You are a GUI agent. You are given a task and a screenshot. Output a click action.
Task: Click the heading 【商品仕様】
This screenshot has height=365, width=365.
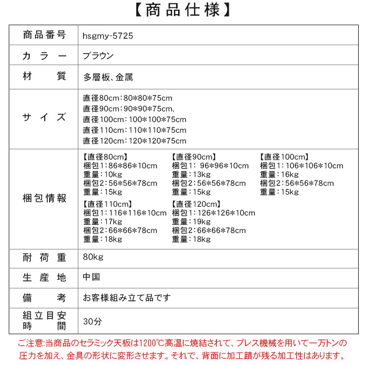pyautogui.click(x=182, y=11)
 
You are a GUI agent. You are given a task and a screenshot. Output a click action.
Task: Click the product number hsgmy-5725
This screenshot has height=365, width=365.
pyautogui.click(x=108, y=36)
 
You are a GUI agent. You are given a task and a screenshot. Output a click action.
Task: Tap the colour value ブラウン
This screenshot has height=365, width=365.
pyautogui.click(x=98, y=56)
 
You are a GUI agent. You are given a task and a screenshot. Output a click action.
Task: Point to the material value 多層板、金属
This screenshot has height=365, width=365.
pyautogui.click(x=108, y=77)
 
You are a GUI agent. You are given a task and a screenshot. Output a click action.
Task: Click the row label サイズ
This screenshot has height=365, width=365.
pyautogui.click(x=44, y=117)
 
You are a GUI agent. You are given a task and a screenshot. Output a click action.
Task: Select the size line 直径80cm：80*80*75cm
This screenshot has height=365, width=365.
pyautogui.click(x=128, y=98)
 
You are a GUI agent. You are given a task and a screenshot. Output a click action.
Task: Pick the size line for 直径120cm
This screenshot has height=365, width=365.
pyautogui.click(x=134, y=141)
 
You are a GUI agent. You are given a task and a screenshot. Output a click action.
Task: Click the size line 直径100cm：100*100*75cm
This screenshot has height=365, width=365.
pyautogui.click(x=134, y=119)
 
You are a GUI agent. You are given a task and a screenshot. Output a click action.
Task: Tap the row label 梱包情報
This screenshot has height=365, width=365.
pyautogui.click(x=44, y=198)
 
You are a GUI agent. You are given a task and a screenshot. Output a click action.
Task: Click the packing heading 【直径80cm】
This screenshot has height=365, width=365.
pyautogui.click(x=105, y=157)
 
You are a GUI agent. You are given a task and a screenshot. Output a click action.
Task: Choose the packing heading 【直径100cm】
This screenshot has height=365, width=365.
pyautogui.click(x=285, y=157)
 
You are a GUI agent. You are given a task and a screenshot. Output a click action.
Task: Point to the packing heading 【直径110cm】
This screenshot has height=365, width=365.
pyautogui.click(x=108, y=204)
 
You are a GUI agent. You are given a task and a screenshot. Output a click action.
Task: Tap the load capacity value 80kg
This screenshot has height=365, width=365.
pyautogui.click(x=93, y=256)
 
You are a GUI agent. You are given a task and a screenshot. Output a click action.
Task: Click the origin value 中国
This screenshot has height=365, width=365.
pyautogui.click(x=91, y=277)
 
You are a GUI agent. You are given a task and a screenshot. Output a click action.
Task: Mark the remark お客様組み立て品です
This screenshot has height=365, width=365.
pyautogui.click(x=127, y=297)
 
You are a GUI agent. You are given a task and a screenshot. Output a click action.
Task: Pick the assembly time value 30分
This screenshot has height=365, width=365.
pyautogui.click(x=92, y=322)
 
